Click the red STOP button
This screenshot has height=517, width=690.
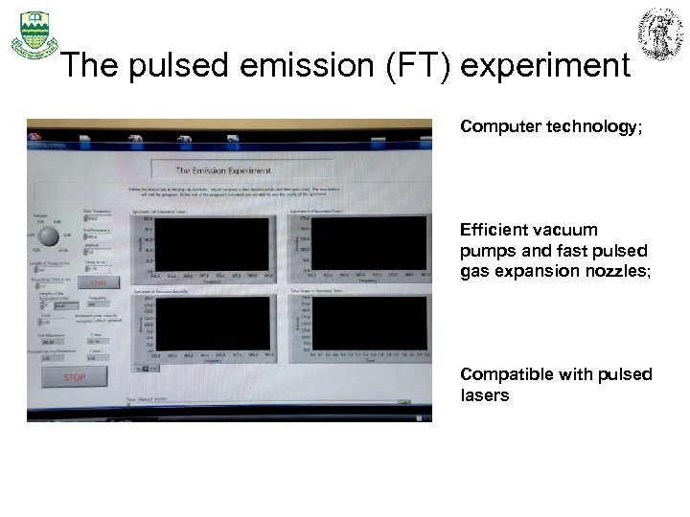tap(74, 377)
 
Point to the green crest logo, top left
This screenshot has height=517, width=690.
tap(33, 34)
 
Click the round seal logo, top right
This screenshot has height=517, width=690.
tap(661, 34)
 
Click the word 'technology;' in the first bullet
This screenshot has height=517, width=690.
tap(586, 126)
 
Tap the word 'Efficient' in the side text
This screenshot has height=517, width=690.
tap(494, 230)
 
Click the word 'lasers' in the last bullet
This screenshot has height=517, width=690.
tap(485, 394)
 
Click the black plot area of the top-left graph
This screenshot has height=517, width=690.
tap(212, 243)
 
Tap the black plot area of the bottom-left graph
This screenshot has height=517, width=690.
tap(212, 323)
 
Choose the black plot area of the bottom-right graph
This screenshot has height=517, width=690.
tap(369, 323)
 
